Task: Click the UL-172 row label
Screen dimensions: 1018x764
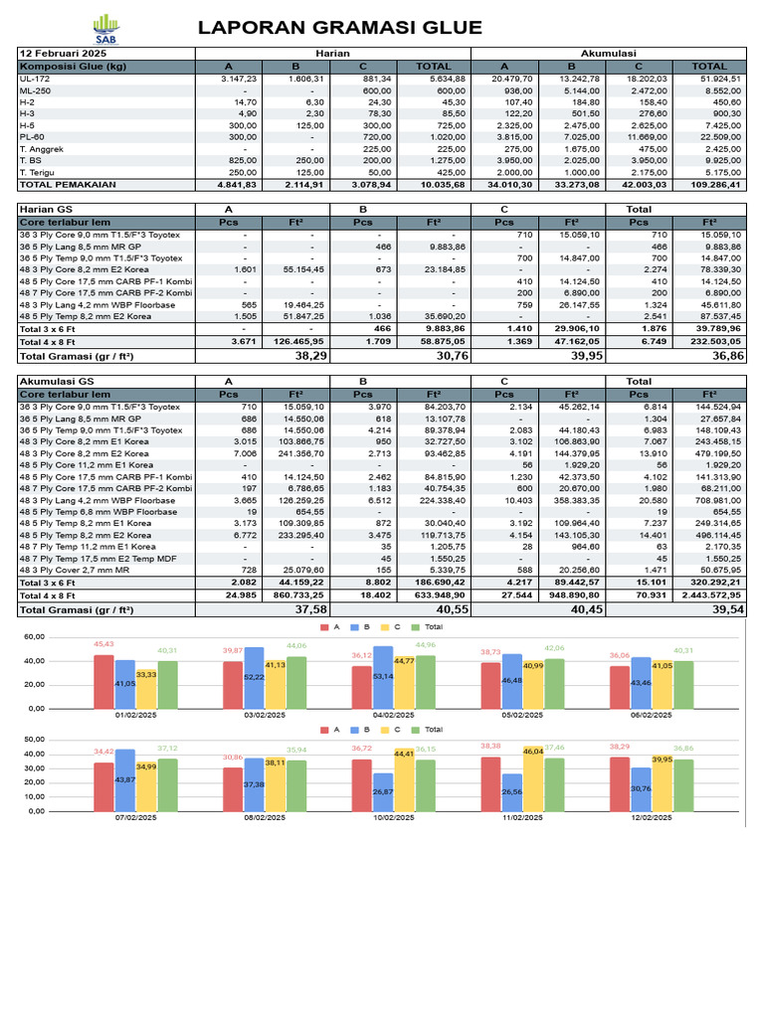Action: (x=36, y=79)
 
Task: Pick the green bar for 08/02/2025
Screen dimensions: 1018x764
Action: (x=297, y=785)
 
